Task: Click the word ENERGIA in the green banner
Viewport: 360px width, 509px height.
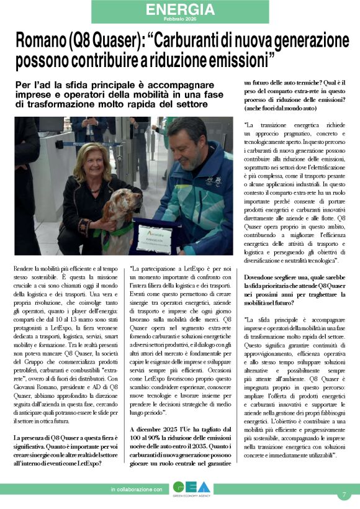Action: coord(181,9)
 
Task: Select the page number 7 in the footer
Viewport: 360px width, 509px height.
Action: coord(343,495)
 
